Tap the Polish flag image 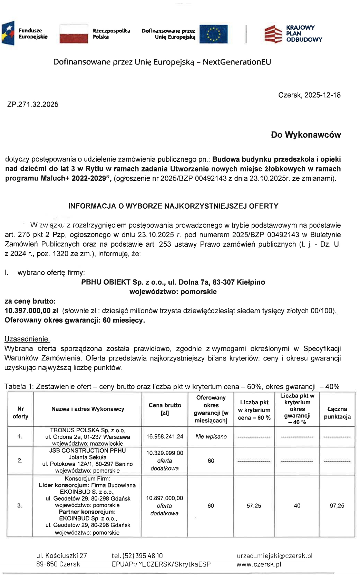(x=74, y=34)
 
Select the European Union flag (x=213, y=34)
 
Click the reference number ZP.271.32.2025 (x=33, y=105)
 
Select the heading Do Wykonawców (x=305, y=135)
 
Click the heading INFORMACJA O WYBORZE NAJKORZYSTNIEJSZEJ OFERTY (x=173, y=206)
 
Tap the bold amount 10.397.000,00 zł (x=31, y=311)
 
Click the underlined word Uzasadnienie (x=27, y=339)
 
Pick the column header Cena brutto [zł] (x=165, y=409)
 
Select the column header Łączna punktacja (x=337, y=413)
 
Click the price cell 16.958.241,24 (x=165, y=437)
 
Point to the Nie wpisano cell (x=211, y=437)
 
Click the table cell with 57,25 (x=254, y=506)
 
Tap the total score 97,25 (x=337, y=506)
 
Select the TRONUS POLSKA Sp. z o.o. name (x=87, y=430)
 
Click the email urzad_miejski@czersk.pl (x=274, y=556)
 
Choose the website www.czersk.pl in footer (x=259, y=564)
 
